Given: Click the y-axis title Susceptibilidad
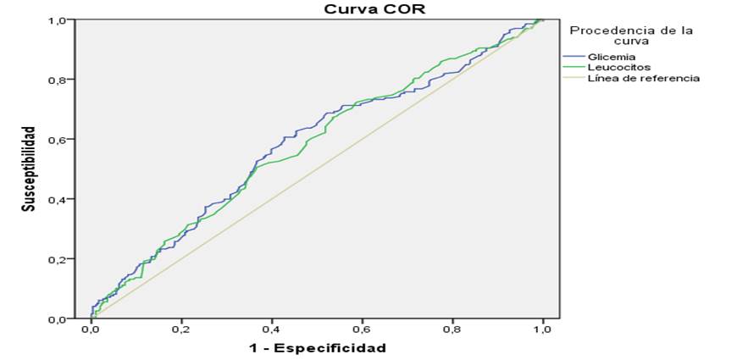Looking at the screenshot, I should click(x=30, y=169).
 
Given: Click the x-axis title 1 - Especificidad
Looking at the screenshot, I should click(x=317, y=347).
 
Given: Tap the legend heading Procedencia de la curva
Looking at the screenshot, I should click(x=631, y=35).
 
